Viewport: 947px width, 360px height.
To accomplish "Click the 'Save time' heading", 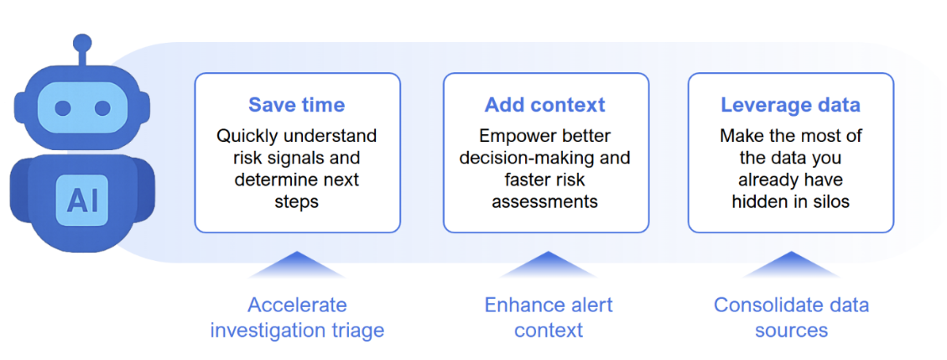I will pyautogui.click(x=296, y=105).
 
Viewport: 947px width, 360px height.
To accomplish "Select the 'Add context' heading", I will pyautogui.click(x=544, y=105).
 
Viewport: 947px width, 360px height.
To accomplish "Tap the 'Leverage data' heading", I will pyautogui.click(x=790, y=105).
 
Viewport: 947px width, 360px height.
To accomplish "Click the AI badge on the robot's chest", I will pyautogui.click(x=81, y=200).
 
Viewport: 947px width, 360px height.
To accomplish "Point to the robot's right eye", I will pyautogui.click(x=102, y=108).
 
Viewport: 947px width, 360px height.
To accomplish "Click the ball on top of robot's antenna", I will pyautogui.click(x=81, y=43).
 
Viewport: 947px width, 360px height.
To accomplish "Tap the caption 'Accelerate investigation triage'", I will pyautogui.click(x=297, y=317).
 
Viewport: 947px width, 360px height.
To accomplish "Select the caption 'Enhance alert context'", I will pyautogui.click(x=548, y=317).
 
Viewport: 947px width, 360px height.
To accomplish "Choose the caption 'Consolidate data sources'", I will pyautogui.click(x=791, y=317).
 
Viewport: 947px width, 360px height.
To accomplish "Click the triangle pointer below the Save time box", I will pyautogui.click(x=297, y=265).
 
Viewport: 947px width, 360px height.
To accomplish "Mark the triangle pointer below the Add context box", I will pyautogui.click(x=548, y=265).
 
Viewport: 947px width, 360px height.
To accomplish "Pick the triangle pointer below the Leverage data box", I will pyautogui.click(x=791, y=265).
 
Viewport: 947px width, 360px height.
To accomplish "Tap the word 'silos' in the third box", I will pyautogui.click(x=830, y=201).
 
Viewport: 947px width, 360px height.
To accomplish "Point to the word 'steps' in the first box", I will pyautogui.click(x=296, y=201).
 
